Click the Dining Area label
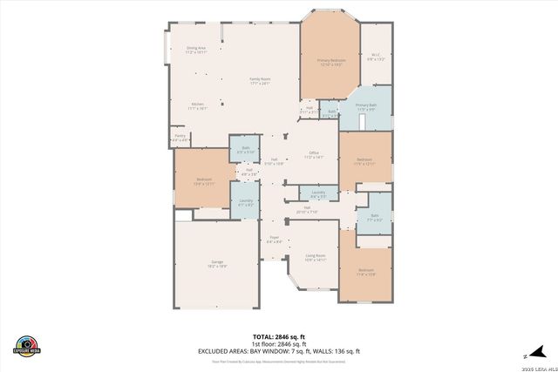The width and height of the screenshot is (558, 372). [195, 50]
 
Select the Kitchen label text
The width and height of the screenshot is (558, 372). [198, 106]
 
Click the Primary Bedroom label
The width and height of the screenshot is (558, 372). [329, 62]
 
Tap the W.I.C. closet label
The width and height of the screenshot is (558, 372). [377, 57]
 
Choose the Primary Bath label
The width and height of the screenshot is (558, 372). [365, 107]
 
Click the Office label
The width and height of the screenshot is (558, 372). [314, 154]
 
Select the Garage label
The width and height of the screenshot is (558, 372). [216, 264]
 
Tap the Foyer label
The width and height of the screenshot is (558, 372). [274, 239]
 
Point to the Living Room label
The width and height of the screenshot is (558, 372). [315, 257]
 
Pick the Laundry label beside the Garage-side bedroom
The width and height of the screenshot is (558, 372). [245, 202]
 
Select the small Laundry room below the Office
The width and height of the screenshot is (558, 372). [318, 193]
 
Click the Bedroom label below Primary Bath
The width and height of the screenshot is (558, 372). [364, 161]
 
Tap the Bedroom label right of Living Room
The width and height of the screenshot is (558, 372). [365, 272]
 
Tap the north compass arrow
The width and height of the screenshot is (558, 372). [527, 355]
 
